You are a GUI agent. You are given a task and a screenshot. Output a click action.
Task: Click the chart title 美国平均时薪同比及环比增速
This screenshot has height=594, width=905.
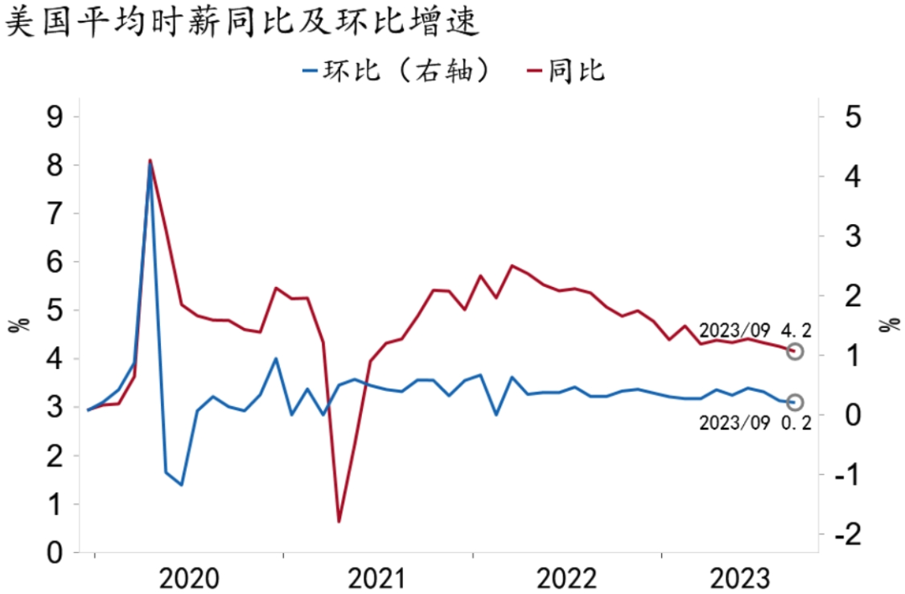242,21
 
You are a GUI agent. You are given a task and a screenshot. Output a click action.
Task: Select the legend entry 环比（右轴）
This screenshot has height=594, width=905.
398,71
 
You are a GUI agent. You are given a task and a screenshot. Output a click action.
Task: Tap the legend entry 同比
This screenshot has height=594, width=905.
566,71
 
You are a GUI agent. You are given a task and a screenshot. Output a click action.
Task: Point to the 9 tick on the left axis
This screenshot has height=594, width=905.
54,117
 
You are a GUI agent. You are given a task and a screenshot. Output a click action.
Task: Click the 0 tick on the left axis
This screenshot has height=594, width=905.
54,553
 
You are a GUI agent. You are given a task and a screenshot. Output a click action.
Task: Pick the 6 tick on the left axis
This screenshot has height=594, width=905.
54,263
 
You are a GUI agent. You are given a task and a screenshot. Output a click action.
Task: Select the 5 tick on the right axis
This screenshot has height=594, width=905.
852,117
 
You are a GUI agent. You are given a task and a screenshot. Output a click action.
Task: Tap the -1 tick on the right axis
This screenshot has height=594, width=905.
848,474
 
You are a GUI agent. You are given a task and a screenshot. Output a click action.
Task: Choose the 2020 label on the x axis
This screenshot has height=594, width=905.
189,578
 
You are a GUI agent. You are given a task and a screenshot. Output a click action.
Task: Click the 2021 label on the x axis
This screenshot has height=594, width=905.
378,578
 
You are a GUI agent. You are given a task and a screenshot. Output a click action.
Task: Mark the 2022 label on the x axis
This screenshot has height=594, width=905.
566,578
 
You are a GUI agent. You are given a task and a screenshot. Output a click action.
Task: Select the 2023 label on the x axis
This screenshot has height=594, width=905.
740,578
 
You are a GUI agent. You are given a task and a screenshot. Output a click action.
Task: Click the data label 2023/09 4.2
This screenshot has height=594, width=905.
755,331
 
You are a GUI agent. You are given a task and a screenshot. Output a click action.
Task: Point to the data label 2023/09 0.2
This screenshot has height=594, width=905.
755,423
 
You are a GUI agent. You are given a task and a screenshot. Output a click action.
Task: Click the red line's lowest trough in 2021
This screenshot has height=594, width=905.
339,522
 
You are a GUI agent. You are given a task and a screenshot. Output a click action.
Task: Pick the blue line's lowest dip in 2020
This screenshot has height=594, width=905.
182,485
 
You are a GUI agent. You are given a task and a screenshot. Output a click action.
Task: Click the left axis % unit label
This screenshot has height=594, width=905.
18,324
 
